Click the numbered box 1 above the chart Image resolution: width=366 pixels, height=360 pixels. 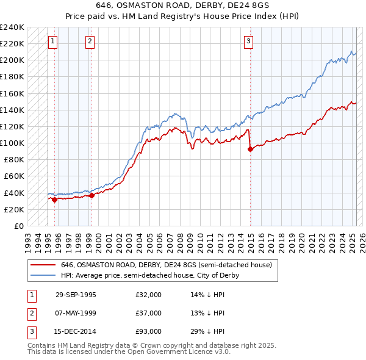tap(53, 41)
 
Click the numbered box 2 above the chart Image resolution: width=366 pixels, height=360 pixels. tap(90, 41)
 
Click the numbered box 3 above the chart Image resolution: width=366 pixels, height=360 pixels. tap(249, 41)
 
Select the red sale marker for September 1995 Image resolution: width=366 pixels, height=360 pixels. tap(54, 199)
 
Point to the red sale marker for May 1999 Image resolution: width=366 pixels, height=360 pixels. tap(91, 195)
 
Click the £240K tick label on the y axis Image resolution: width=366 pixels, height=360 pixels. tap(12, 27)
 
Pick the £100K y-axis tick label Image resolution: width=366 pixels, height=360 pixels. tap(12, 143)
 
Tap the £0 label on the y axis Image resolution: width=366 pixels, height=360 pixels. tap(18, 226)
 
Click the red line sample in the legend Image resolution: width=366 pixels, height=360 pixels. tap(43, 265)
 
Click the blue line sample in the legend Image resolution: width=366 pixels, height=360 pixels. tap(43, 275)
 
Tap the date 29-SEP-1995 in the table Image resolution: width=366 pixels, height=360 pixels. tap(76, 295)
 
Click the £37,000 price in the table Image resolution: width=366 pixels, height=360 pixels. tap(149, 313)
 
